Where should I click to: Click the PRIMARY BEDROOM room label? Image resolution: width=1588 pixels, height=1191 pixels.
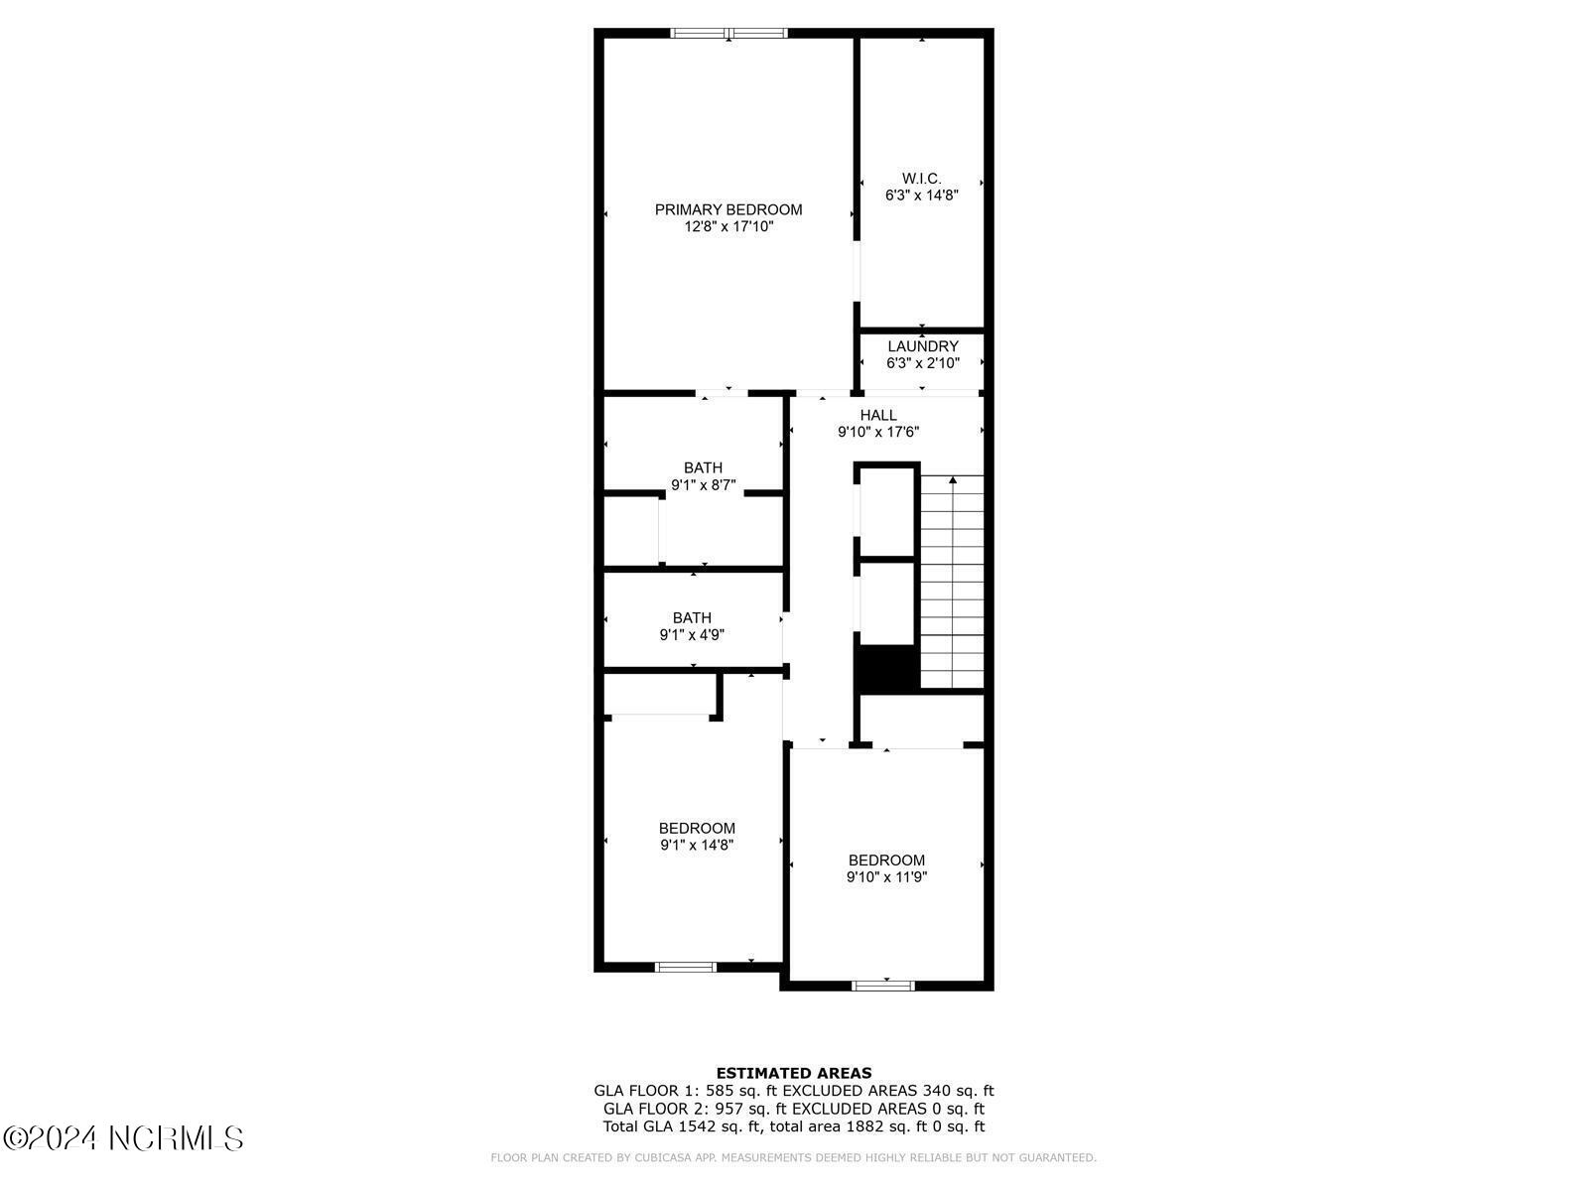point(728,209)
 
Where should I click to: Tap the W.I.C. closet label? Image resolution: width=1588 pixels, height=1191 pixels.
point(921,178)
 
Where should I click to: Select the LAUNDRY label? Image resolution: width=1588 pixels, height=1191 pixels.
point(922,346)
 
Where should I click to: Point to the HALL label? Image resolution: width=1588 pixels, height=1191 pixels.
point(878,415)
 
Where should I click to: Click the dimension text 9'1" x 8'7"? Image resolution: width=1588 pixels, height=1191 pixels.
point(703,485)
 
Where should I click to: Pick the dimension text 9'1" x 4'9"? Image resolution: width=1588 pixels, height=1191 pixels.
point(691,635)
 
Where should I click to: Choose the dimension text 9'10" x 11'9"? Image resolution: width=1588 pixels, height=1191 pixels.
point(886,877)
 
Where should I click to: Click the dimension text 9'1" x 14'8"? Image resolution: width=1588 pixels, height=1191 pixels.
point(696,845)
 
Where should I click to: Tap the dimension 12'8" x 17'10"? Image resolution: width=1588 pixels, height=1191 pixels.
point(728,226)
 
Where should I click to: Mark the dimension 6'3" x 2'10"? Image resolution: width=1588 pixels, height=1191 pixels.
point(922,363)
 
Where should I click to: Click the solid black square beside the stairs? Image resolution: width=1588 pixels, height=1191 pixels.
point(887,667)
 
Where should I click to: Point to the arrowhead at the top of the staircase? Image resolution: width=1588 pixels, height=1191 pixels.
point(953,480)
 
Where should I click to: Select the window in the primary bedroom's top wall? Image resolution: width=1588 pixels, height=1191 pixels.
point(728,33)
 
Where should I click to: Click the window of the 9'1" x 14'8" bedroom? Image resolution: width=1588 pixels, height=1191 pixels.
point(686,967)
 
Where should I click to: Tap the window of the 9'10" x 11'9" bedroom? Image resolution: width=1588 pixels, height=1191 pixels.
point(882,986)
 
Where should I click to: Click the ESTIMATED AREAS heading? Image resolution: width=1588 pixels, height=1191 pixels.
point(794,1073)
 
